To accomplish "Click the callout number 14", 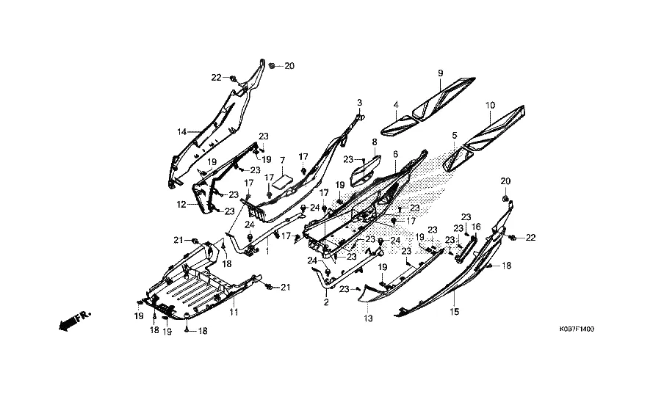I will tap(181, 132).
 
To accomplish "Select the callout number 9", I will tap(441, 73).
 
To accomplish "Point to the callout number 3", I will tap(360, 102).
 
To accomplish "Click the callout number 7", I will tap(281, 160).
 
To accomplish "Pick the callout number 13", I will tap(368, 319).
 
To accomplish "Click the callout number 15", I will tap(454, 312).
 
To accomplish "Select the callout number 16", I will tap(476, 227).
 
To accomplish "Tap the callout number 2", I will tap(325, 302).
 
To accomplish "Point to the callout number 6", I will tap(395, 155).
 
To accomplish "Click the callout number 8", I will tap(374, 142).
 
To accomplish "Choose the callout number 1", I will tap(268, 252).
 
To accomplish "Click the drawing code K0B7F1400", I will tap(574, 329).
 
